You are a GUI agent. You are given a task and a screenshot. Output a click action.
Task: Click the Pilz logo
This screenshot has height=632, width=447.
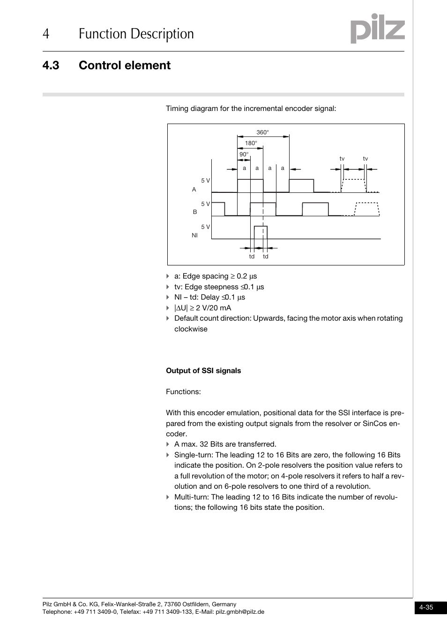[x=377, y=29]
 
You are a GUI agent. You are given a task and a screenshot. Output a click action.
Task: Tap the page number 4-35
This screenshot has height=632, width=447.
[x=426, y=607]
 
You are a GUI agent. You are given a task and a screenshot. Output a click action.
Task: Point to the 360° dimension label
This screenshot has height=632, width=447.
[x=262, y=132]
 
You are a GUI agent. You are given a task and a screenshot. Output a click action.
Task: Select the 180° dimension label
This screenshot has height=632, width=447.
[x=251, y=143]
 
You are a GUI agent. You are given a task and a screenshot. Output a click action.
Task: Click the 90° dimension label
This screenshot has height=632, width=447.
[x=244, y=154]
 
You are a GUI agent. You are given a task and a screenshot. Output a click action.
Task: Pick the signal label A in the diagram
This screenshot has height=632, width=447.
[x=194, y=190]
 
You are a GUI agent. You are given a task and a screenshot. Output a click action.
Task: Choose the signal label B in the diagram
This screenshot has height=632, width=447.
[x=195, y=212]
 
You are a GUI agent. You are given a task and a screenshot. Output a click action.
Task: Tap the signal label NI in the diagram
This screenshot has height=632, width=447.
[x=194, y=235]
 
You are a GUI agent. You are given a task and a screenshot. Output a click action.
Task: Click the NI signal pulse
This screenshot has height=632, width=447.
[x=261, y=232]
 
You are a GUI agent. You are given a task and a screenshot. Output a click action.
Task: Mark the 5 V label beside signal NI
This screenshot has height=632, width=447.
[x=205, y=227]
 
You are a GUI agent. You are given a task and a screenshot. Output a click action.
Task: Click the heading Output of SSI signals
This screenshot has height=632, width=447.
[x=203, y=371]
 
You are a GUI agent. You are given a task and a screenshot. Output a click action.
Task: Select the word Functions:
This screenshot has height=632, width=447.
[x=183, y=392]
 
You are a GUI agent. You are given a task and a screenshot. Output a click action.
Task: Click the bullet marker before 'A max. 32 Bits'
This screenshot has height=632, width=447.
[x=168, y=444]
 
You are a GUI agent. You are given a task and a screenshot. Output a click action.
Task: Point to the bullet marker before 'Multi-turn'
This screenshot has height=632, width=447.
[x=168, y=497]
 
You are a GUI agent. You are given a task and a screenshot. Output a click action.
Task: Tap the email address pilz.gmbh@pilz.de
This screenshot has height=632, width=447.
[x=239, y=612]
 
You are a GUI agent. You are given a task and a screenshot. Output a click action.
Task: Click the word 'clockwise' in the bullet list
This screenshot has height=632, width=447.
[x=191, y=329]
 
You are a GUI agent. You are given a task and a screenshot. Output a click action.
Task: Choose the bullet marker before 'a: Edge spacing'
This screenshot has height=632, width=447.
[x=168, y=276]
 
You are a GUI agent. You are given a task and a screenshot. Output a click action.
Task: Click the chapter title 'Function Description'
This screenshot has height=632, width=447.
[x=136, y=34]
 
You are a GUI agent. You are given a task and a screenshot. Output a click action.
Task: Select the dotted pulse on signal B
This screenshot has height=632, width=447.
[x=366, y=209]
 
